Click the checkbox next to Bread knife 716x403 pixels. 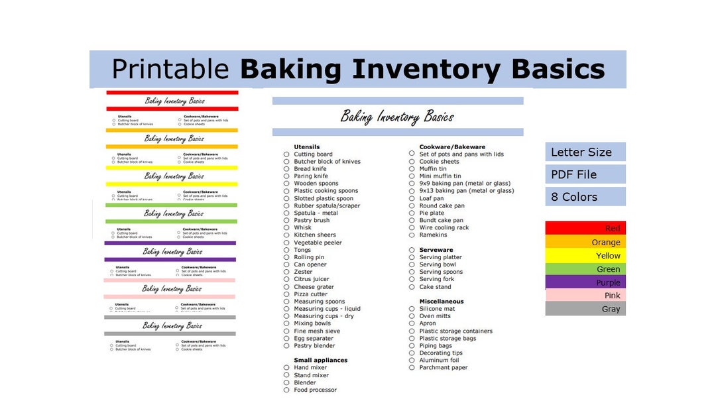click(286, 169)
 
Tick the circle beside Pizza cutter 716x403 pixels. click(286, 294)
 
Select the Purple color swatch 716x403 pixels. click(585, 282)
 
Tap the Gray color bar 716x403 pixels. click(585, 309)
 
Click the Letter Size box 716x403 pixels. click(585, 152)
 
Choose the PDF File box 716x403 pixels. click(585, 174)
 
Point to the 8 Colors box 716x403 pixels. click(585, 197)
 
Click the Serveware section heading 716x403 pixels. click(436, 250)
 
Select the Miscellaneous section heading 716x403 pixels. click(442, 302)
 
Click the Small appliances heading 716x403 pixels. click(321, 361)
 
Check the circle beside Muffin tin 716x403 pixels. click(412, 169)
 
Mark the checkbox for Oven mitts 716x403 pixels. click(412, 316)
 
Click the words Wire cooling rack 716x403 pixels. click(444, 228)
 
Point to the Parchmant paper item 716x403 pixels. click(444, 368)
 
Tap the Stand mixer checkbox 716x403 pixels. click(286, 375)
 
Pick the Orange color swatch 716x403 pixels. click(585, 242)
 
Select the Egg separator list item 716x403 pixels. click(314, 339)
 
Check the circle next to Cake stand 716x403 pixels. click(412, 287)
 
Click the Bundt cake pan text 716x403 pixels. click(442, 221)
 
